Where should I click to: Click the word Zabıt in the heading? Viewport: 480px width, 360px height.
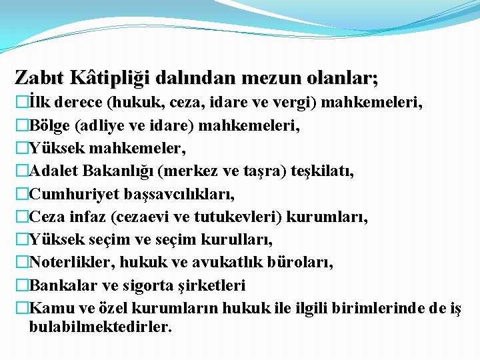point(40,78)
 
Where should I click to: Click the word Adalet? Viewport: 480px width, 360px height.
point(55,171)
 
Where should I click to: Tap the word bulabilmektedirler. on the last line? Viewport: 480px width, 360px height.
point(101,327)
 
